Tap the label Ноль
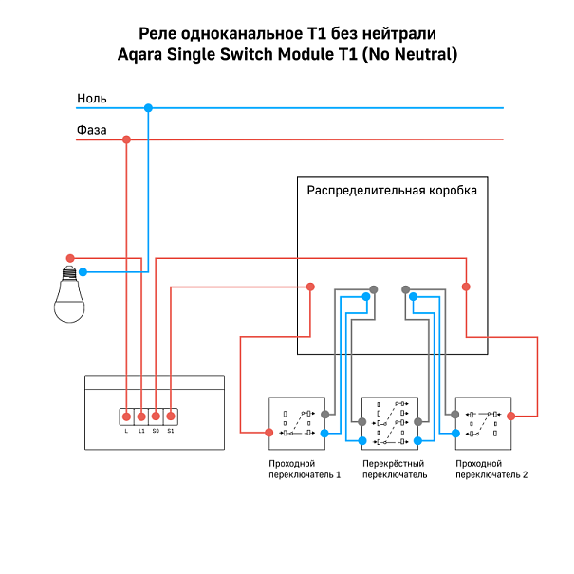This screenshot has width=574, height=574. [x=91, y=99]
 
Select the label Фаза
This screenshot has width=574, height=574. [x=91, y=130]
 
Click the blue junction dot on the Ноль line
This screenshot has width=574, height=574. [x=148, y=108]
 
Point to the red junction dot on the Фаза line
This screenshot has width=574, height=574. [x=126, y=140]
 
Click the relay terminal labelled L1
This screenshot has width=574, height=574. [x=140, y=417]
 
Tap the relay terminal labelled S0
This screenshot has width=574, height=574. [x=156, y=417]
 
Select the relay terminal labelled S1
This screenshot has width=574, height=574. [x=170, y=417]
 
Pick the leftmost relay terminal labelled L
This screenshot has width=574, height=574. [x=126, y=417]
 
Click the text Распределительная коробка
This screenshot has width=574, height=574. [x=391, y=191]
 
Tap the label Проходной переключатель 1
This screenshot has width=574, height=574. [x=304, y=469]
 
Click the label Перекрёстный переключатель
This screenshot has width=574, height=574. [x=395, y=469]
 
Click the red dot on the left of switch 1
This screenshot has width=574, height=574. [x=269, y=433]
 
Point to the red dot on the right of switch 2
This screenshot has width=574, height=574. [x=512, y=415]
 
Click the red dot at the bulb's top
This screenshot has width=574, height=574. [x=69, y=258]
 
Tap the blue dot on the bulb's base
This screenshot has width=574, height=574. [x=83, y=272]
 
